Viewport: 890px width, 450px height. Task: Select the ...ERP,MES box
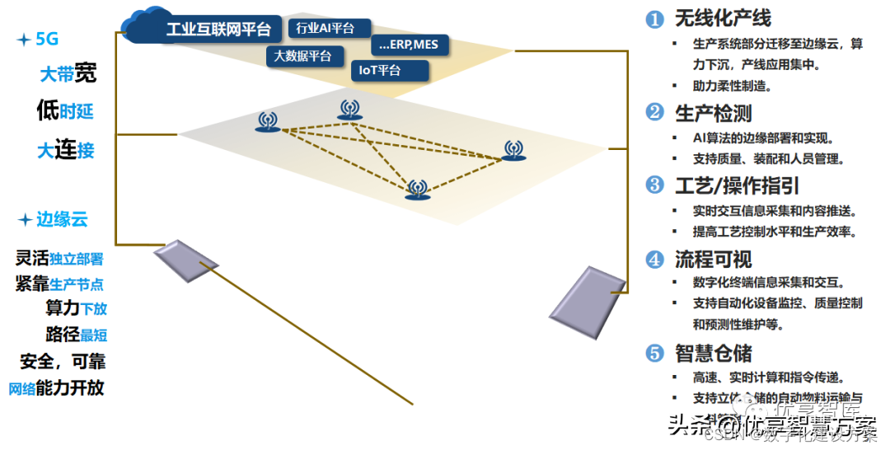click(409, 45)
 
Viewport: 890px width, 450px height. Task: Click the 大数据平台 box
click(302, 56)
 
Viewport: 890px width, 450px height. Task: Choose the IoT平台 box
click(388, 71)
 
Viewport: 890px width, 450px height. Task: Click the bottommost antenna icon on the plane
click(417, 190)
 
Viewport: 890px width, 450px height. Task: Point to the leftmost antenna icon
click(266, 124)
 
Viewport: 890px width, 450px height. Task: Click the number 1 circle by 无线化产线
click(654, 19)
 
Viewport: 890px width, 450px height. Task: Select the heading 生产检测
click(713, 113)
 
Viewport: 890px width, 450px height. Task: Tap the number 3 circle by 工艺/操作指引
click(654, 185)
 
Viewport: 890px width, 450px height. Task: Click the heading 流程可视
click(713, 259)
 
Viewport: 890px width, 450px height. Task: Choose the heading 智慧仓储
click(713, 353)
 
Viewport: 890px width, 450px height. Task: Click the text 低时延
click(65, 110)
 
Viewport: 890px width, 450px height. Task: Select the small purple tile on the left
click(185, 260)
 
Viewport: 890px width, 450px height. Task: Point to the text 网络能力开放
click(56, 387)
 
